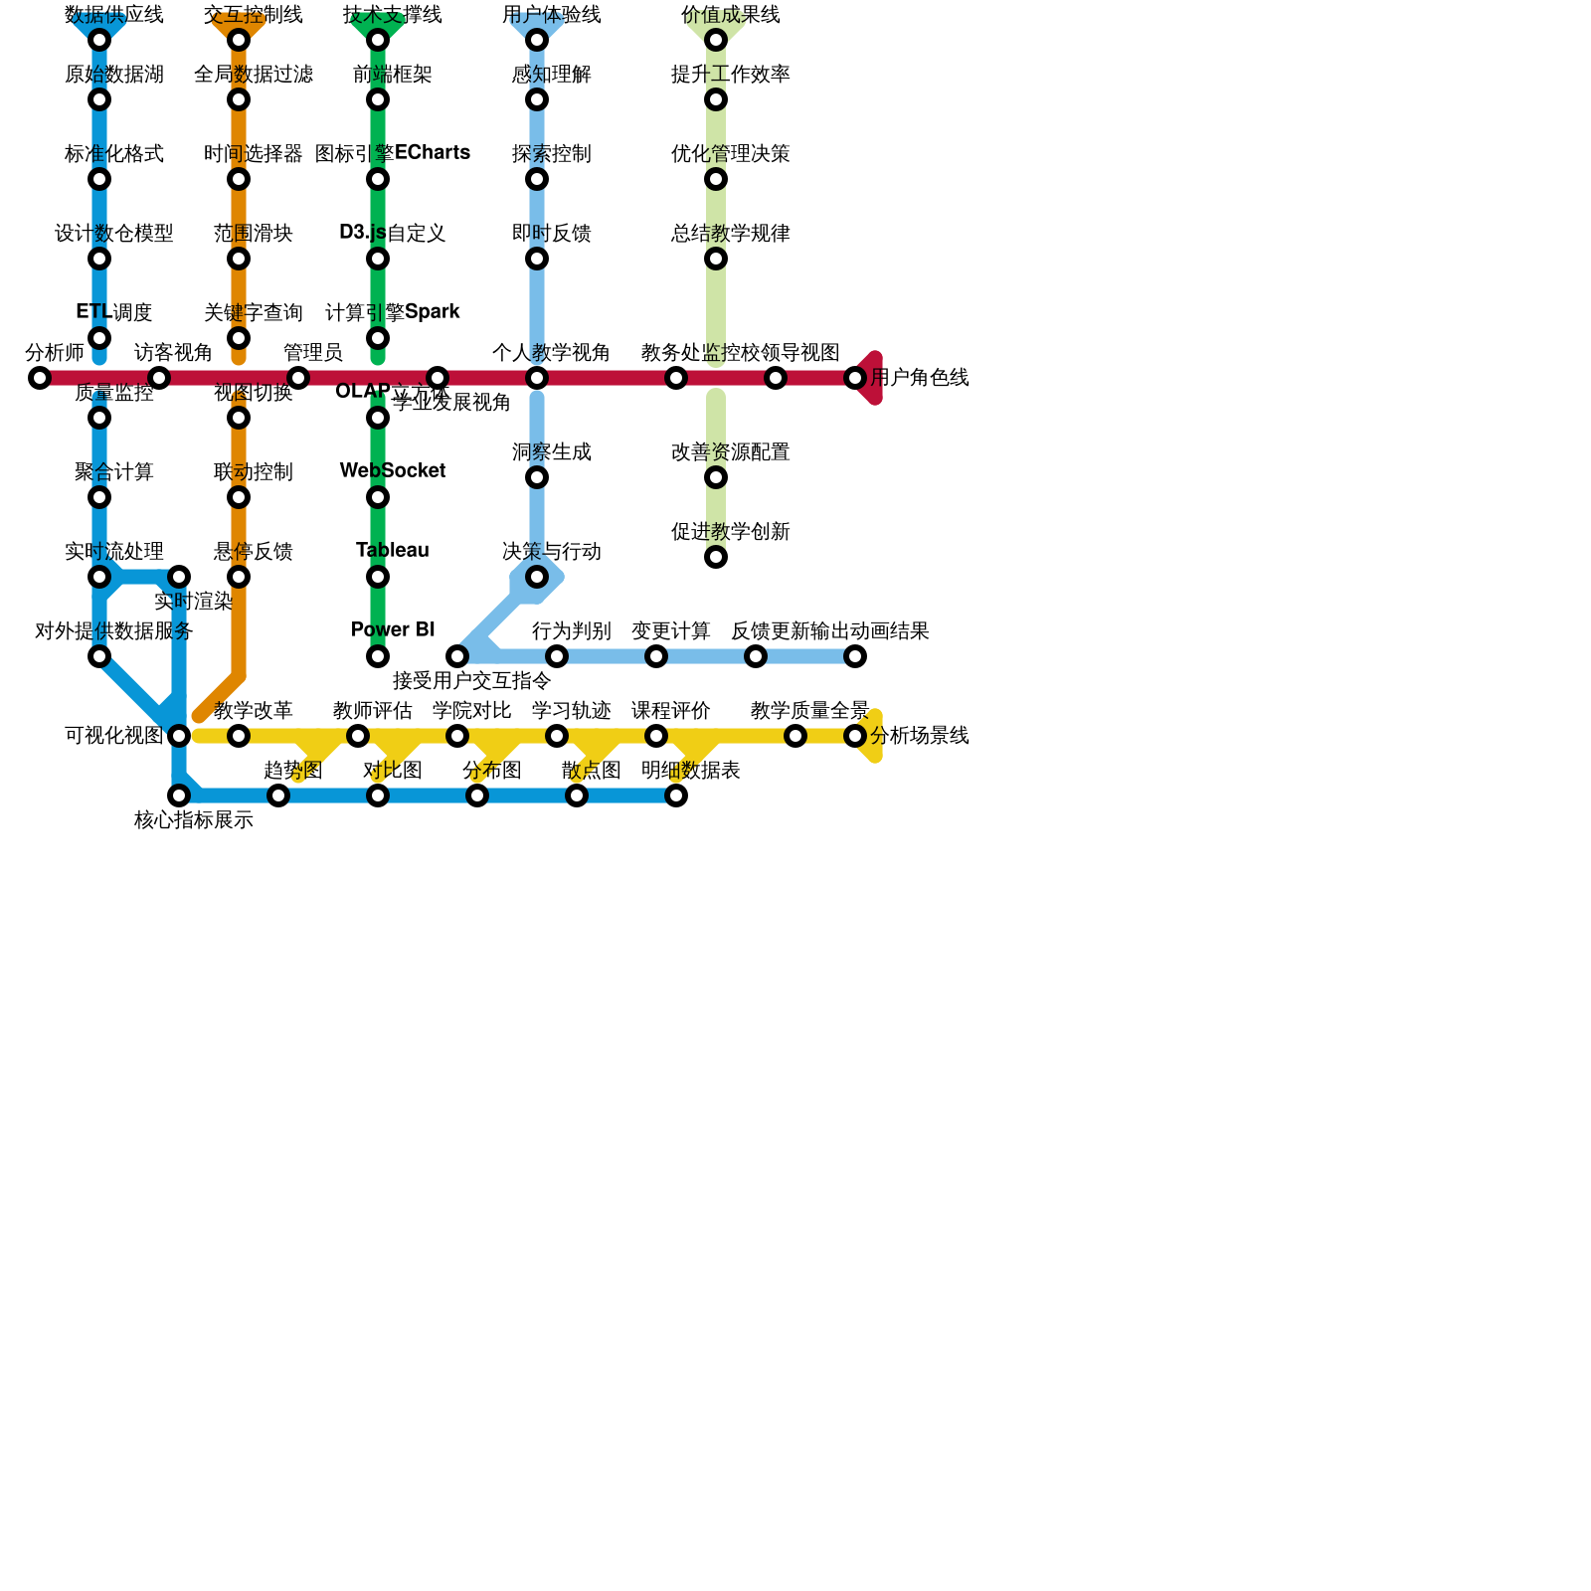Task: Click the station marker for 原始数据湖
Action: (x=99, y=99)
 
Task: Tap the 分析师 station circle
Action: (x=40, y=378)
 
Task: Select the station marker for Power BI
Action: (x=378, y=656)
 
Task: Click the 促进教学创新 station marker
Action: (x=716, y=557)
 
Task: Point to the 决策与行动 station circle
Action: (x=537, y=577)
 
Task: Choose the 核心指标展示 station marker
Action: (x=179, y=795)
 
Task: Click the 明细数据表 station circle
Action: (x=676, y=795)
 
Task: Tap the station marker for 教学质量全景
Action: (x=795, y=736)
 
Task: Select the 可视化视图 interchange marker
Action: (x=179, y=736)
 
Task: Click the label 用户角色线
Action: (x=919, y=378)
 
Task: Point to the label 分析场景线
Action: (x=919, y=736)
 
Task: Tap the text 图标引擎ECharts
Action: (x=393, y=153)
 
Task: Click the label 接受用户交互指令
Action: (x=471, y=681)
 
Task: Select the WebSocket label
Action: (x=393, y=471)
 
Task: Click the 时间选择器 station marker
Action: (x=239, y=179)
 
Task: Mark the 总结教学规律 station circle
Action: (x=716, y=259)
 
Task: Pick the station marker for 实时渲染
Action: (x=179, y=577)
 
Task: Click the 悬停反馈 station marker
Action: (x=239, y=577)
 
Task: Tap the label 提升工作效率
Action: (x=730, y=75)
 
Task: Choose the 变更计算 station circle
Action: (x=656, y=656)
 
